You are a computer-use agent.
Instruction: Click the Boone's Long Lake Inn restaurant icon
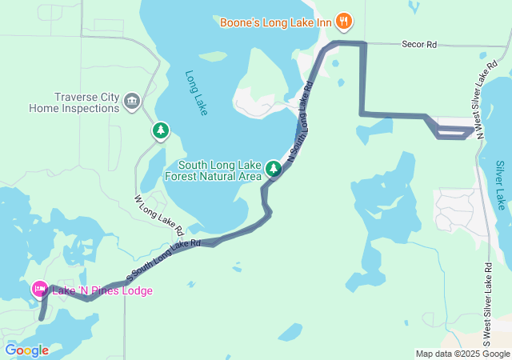pyautogui.click(x=343, y=21)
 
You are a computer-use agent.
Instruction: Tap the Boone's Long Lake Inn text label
pyautogui.click(x=276, y=22)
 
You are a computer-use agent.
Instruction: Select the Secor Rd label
pyautogui.click(x=418, y=46)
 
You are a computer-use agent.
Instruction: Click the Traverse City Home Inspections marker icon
pyautogui.click(x=132, y=100)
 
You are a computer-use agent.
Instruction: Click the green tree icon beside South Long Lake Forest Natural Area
pyautogui.click(x=274, y=167)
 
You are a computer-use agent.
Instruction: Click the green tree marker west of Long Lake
pyautogui.click(x=161, y=130)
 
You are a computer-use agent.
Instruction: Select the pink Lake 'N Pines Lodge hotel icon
pyautogui.click(x=38, y=290)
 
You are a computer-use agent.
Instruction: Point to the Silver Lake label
pyautogui.click(x=500, y=185)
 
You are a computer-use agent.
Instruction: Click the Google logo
pyautogui.click(x=26, y=350)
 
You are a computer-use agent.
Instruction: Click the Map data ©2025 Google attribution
pyautogui.click(x=462, y=354)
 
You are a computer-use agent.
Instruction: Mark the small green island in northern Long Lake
pyautogui.click(x=213, y=57)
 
